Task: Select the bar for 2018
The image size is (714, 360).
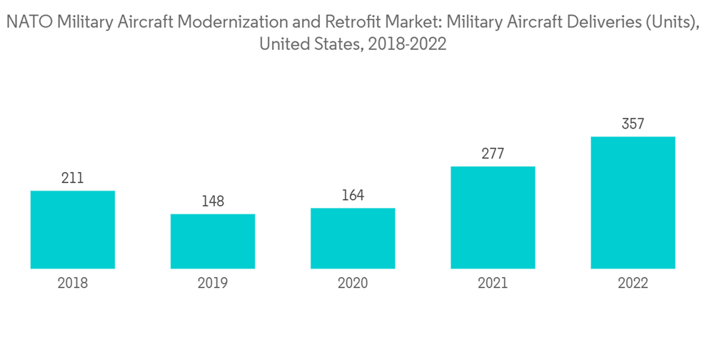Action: (x=73, y=229)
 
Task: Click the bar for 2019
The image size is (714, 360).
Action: (x=213, y=241)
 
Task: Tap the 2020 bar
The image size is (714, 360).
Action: (x=353, y=238)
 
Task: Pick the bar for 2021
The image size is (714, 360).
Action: (x=493, y=217)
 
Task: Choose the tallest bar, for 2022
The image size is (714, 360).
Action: (x=633, y=202)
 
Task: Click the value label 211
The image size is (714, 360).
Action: (x=73, y=178)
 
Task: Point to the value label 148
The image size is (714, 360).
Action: (x=213, y=201)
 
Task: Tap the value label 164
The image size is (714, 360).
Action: (x=353, y=195)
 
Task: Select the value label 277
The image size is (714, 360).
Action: (x=493, y=154)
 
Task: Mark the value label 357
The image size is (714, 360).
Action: (x=633, y=124)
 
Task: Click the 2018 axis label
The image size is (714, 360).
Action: (x=73, y=284)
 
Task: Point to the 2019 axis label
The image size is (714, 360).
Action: (x=213, y=284)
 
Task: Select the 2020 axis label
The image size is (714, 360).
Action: (x=353, y=284)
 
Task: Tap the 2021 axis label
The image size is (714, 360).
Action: (x=493, y=284)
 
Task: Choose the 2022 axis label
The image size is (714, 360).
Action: (x=633, y=284)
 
